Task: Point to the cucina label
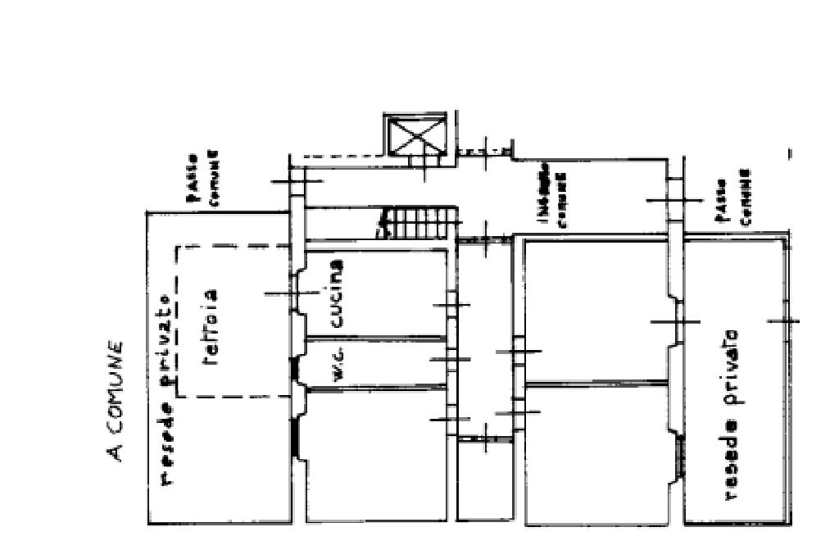click(334, 293)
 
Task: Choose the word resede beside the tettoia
click(167, 443)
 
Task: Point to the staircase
click(417, 222)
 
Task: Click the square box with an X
click(416, 134)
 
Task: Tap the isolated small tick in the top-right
click(789, 153)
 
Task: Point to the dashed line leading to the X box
click(336, 155)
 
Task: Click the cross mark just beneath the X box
click(424, 167)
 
